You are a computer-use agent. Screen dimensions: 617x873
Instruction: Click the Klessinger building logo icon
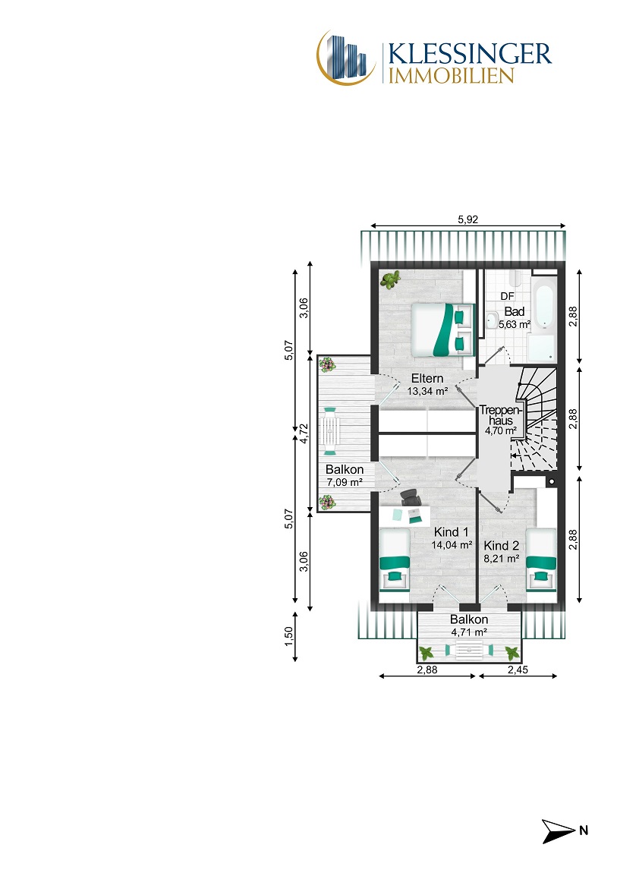pos(345,58)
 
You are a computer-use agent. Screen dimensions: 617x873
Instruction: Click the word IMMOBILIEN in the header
pos(451,76)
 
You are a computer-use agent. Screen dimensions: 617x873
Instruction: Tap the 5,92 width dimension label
pos(468,219)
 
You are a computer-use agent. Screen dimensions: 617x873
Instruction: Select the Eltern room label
pos(427,379)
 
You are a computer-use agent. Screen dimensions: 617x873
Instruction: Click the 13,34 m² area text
pos(427,392)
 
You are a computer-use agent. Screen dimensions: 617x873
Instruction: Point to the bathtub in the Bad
pos(543,304)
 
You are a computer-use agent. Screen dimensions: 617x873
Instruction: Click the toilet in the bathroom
pos(492,320)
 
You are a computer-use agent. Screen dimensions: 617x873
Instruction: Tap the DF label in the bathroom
pos(508,296)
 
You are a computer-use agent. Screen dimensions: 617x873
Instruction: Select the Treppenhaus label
pos(500,415)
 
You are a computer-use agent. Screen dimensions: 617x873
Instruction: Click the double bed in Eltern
pos(443,329)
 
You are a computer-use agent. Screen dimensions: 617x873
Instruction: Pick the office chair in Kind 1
pos(411,496)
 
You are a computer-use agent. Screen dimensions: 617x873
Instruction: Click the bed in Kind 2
pos(541,565)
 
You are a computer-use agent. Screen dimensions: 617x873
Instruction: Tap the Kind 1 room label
pos(452,532)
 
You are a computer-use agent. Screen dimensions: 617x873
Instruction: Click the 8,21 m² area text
pos(502,559)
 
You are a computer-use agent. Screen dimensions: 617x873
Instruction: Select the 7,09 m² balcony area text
pos(345,482)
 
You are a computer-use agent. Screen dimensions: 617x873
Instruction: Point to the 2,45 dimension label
pos(518,670)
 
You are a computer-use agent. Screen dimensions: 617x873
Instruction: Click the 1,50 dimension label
pos(288,637)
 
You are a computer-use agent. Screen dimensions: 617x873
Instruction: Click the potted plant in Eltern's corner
pos(390,279)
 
